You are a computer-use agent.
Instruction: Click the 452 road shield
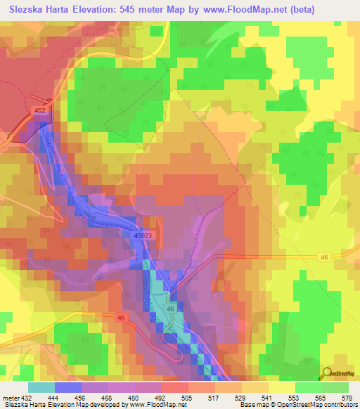pos(40,110)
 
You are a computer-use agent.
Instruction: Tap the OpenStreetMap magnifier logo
pos(327,372)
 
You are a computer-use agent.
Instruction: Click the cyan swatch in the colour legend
pos(41,387)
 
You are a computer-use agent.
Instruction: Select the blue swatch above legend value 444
pos(68,387)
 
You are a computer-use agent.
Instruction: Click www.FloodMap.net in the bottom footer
pos(152,405)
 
